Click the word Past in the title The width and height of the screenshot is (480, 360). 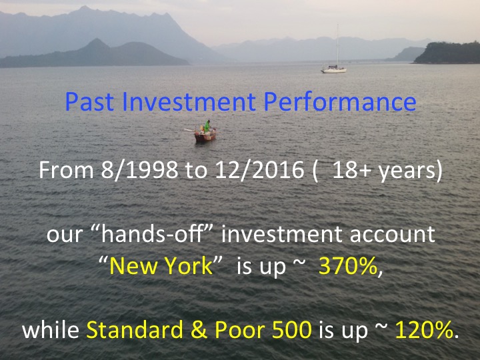[90, 101]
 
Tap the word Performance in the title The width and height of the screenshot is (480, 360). [340, 101]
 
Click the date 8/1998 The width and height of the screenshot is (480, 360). [139, 170]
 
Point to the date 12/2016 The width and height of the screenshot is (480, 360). [259, 170]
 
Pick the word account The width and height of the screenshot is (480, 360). [392, 235]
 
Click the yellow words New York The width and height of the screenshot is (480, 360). [161, 265]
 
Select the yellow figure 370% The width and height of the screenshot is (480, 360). [348, 266]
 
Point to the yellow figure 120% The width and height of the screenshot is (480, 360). [424, 330]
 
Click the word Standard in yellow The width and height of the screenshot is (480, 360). [135, 330]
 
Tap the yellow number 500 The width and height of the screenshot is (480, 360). [292, 330]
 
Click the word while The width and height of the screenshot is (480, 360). [51, 330]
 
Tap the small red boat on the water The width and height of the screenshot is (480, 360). [205, 135]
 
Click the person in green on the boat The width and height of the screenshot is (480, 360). [207, 126]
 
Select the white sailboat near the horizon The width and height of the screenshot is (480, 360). [334, 69]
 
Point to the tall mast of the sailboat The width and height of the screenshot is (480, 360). [337, 45]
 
